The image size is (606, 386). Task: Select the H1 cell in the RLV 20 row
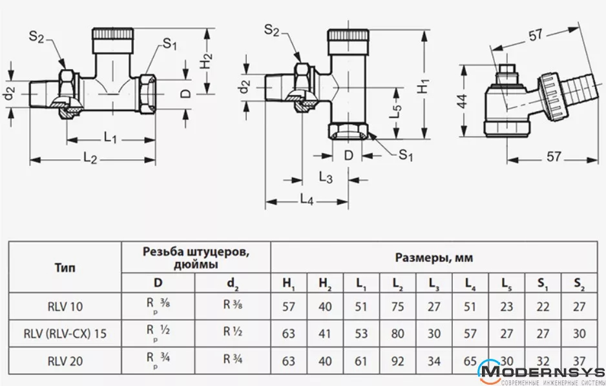[289, 361]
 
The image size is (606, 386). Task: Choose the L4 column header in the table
[470, 283]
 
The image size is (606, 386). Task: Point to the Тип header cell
[65, 268]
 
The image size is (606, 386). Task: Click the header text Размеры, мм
[434, 258]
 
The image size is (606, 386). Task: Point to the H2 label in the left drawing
[205, 61]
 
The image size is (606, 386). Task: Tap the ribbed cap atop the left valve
[114, 34]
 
